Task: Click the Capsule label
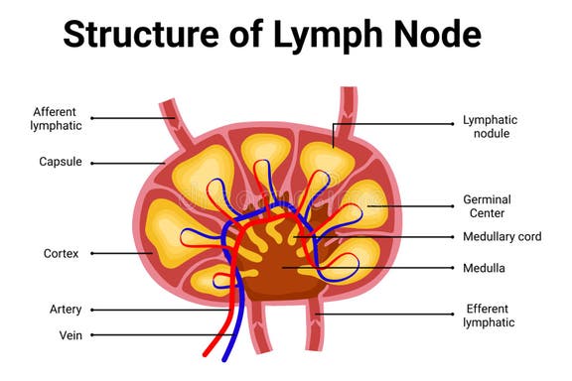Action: click(61, 162)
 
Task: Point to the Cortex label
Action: click(61, 253)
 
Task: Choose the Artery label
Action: click(65, 309)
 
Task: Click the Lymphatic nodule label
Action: click(490, 126)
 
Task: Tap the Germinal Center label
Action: click(486, 205)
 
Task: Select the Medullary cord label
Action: click(500, 237)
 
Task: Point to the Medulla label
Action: click(485, 267)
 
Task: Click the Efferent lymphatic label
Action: click(490, 315)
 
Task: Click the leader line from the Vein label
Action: click(149, 334)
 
